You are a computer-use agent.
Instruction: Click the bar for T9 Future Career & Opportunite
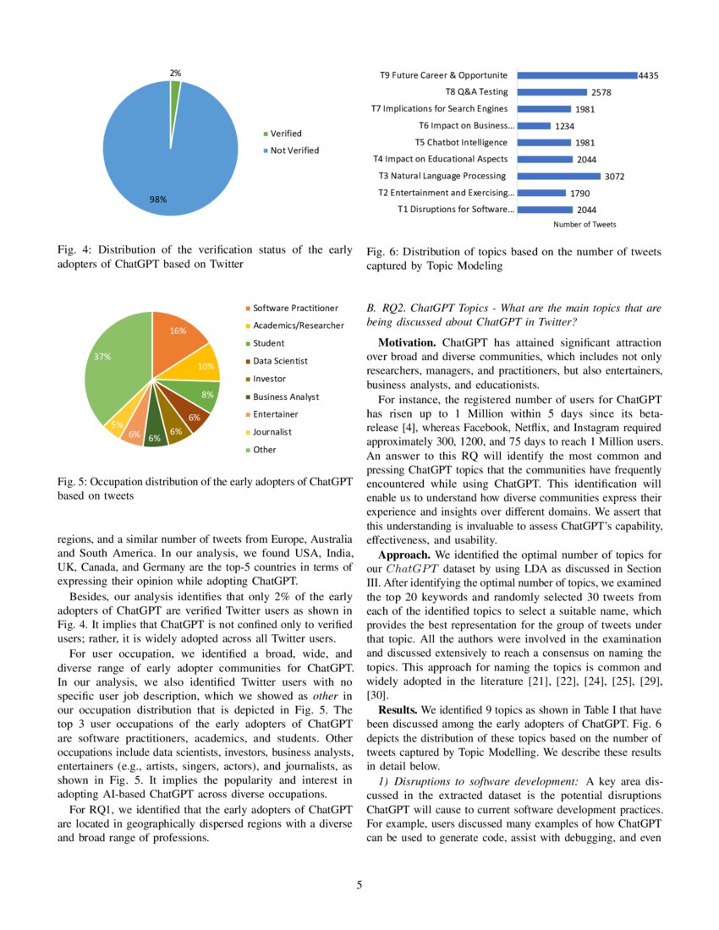(576, 75)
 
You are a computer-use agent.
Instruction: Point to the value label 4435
(649, 75)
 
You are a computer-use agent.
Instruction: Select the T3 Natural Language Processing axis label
(442, 176)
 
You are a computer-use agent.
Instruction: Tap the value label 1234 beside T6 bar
(565, 126)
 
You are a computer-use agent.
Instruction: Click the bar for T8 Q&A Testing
(552, 92)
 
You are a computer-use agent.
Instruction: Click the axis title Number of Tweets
(585, 225)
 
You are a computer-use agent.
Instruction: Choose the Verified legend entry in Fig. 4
(285, 134)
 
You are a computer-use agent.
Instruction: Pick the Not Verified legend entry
(294, 150)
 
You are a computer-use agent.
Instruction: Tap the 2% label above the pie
(174, 74)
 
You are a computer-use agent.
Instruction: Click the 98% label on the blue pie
(158, 200)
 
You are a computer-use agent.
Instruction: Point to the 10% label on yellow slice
(205, 366)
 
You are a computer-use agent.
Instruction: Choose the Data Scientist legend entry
(280, 361)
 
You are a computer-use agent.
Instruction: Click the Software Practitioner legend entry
(295, 308)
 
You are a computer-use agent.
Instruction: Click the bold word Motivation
(408, 342)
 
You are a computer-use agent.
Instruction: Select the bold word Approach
(404, 555)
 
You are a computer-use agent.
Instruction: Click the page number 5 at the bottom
(359, 885)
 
